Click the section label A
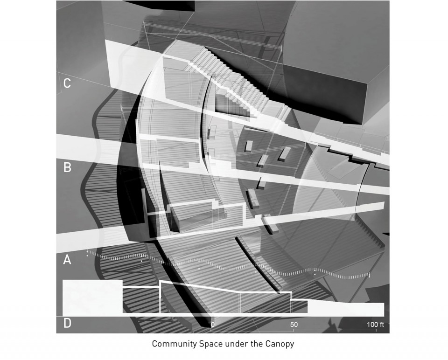click(67, 260)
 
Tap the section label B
click(67, 167)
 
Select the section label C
click(67, 83)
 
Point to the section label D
click(67, 323)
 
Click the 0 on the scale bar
click(213, 325)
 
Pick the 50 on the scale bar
click(294, 325)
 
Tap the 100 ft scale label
click(375, 325)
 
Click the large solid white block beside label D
click(92, 298)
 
